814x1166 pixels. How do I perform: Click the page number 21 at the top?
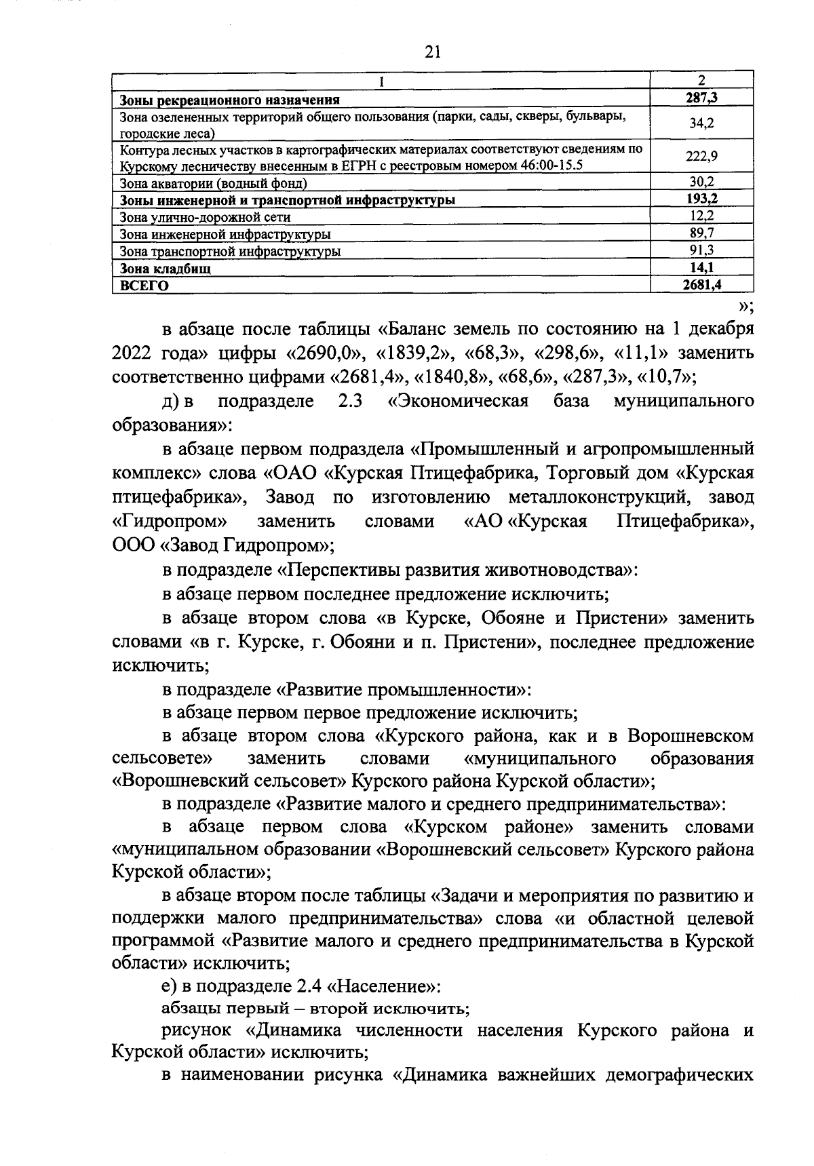(x=432, y=52)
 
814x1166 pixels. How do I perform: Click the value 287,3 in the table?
(x=701, y=98)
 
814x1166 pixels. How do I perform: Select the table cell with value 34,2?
(x=701, y=123)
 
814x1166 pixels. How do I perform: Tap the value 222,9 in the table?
(x=701, y=156)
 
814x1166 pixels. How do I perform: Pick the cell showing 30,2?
(x=701, y=182)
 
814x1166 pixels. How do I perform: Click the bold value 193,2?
(x=701, y=199)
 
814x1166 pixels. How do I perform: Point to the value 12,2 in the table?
(x=701, y=216)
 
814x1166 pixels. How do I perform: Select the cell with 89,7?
(x=701, y=233)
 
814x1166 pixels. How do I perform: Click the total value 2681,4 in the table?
(x=701, y=285)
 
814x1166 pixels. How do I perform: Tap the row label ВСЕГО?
(x=144, y=286)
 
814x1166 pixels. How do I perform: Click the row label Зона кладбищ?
(x=165, y=269)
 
